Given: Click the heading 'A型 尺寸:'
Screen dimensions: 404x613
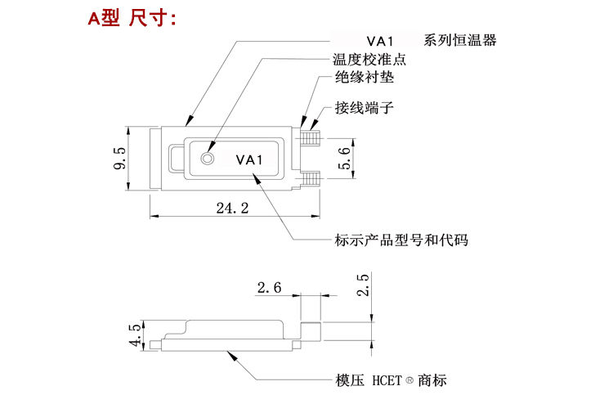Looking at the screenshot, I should click(x=132, y=18).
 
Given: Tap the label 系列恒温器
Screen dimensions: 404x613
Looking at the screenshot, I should click(x=459, y=40).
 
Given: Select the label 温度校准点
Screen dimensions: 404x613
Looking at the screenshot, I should click(x=369, y=60).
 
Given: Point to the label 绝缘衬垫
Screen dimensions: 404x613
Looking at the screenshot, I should click(x=365, y=79).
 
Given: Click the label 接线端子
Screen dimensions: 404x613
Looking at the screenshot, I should click(x=365, y=108).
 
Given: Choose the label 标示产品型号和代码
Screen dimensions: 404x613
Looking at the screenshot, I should click(x=401, y=240).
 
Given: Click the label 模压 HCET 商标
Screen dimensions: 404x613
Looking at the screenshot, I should click(x=391, y=381).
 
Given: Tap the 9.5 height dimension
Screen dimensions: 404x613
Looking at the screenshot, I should click(x=119, y=159).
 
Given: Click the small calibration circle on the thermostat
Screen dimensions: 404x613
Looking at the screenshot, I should click(x=208, y=158).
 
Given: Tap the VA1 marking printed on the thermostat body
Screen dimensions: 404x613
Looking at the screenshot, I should click(x=248, y=160).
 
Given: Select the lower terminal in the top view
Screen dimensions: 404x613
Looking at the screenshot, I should click(x=310, y=177).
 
